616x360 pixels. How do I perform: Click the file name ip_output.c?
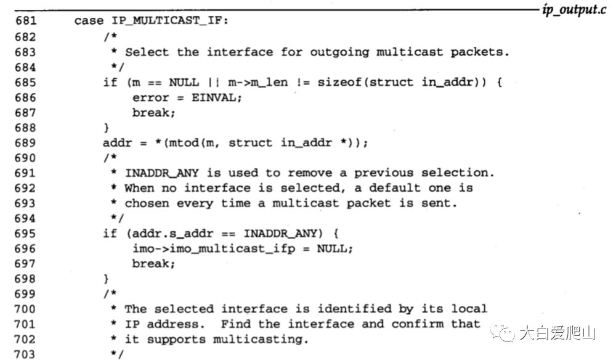point(574,10)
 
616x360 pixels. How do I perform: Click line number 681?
point(25,21)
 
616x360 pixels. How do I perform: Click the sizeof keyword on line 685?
point(339,82)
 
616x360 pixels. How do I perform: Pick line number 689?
point(25,142)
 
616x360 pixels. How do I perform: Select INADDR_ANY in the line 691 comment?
point(161,173)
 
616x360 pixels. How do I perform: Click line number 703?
point(25,354)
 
